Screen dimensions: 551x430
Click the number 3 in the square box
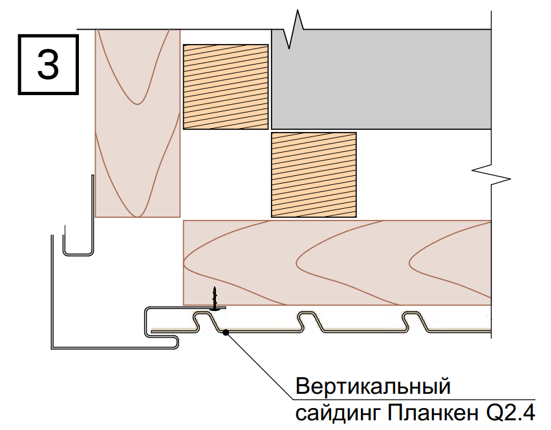(48, 64)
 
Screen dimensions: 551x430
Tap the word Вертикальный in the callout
(373, 386)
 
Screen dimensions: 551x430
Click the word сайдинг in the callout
(338, 413)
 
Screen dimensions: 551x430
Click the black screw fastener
(215, 299)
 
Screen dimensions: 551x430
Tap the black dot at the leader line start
(226, 332)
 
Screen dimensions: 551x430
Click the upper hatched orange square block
(226, 87)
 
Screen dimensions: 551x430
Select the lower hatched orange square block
(314, 175)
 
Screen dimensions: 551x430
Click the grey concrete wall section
(382, 80)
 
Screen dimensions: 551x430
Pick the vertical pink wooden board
(138, 124)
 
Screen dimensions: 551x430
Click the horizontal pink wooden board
(338, 263)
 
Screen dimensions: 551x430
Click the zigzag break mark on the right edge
(491, 174)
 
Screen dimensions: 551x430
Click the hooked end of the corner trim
(175, 343)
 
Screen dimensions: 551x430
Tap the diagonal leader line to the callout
(259, 366)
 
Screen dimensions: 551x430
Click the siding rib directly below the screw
(206, 320)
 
